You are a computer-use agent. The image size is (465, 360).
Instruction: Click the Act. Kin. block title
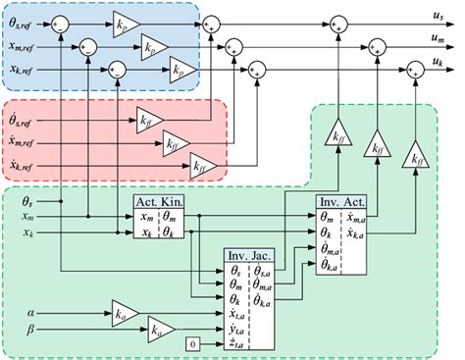pos(158,201)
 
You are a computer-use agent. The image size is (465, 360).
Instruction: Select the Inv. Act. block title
pos(339,201)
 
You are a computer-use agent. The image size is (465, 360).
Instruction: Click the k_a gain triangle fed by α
pos(121,314)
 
